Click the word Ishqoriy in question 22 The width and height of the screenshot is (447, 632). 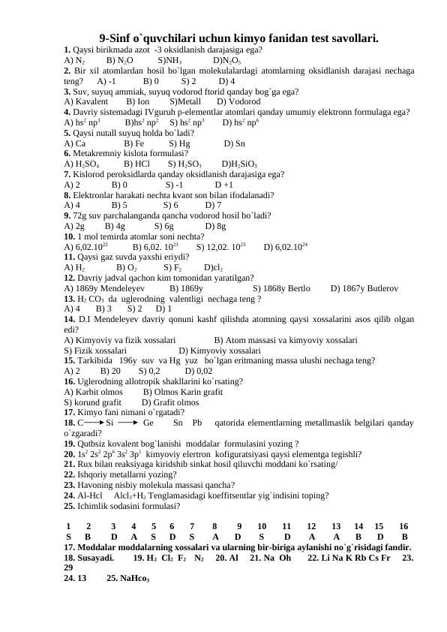point(94,475)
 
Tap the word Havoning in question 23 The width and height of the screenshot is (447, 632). point(96,486)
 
